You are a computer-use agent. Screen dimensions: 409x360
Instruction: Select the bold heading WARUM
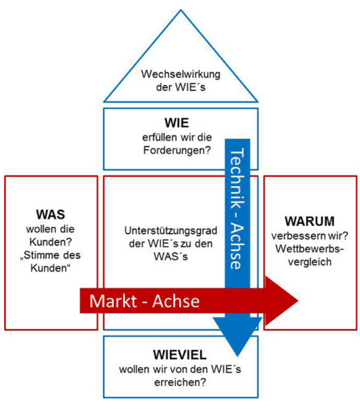pyautogui.click(x=309, y=220)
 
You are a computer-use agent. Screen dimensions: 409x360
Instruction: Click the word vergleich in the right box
pyautogui.click(x=309, y=262)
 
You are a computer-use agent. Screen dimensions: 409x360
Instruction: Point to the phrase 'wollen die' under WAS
pyautogui.click(x=51, y=231)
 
